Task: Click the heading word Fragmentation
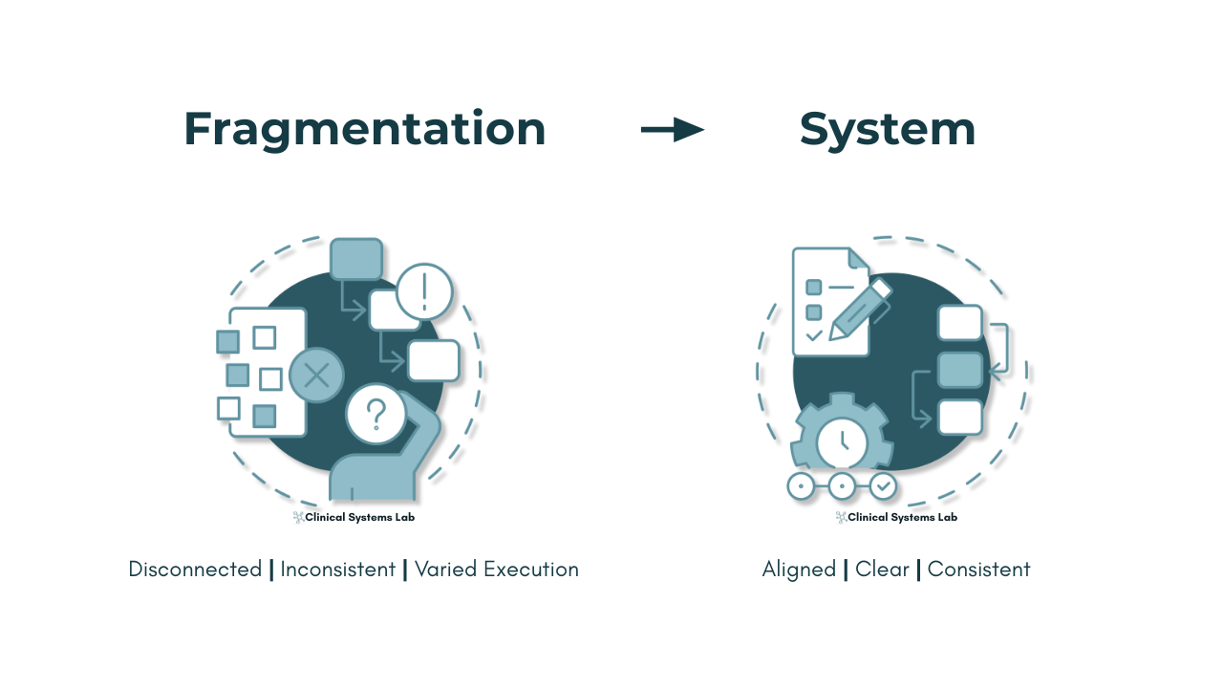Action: tap(365, 130)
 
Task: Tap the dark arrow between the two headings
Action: tap(673, 130)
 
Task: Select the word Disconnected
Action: tap(195, 570)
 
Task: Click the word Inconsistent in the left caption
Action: tap(338, 570)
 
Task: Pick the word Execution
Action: tap(530, 570)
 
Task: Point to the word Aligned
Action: tap(799, 570)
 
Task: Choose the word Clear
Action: tap(882, 570)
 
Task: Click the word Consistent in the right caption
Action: tap(978, 570)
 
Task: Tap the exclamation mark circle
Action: tap(424, 291)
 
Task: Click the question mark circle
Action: tap(376, 414)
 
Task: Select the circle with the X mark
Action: tap(316, 376)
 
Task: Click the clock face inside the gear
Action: tap(842, 441)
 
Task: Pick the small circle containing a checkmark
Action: tap(883, 485)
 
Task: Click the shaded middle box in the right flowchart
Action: tap(960, 370)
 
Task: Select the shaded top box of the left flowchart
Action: tap(356, 259)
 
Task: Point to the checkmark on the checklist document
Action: tap(814, 335)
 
